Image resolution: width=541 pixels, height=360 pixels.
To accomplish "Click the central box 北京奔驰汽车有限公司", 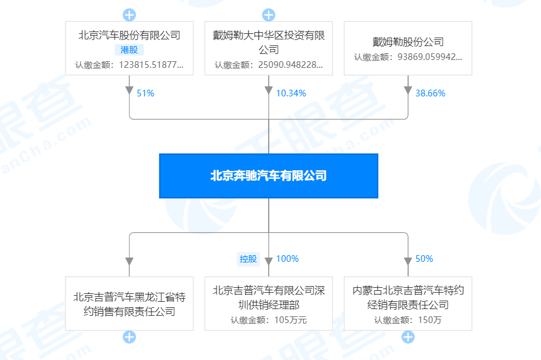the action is click(x=269, y=176).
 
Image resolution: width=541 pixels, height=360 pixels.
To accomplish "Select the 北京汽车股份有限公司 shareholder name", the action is click(x=129, y=35).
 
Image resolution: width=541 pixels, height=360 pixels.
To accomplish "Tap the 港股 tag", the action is click(x=129, y=50).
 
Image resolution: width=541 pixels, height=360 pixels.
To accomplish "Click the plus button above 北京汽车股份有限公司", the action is click(x=129, y=15).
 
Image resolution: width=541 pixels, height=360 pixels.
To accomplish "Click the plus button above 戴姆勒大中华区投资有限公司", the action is click(x=269, y=15).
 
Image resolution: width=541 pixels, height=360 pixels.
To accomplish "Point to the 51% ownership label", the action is click(x=146, y=93).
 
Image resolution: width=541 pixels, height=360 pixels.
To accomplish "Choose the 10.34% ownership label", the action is click(x=291, y=93).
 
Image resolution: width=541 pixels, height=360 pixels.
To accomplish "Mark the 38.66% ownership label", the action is click(x=430, y=93).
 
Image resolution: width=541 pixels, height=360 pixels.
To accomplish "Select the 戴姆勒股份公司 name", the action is click(x=408, y=42).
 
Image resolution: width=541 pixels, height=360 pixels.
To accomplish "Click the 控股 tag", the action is click(x=249, y=259).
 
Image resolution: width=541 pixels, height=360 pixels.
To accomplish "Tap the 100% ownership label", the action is click(x=287, y=259).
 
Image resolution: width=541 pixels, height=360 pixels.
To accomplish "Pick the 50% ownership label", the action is click(x=424, y=259).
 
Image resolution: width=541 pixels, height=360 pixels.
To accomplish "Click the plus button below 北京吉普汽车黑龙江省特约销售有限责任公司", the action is click(x=129, y=337).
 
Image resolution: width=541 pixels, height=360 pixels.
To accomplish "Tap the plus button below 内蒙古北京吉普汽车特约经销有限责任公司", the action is click(x=408, y=337).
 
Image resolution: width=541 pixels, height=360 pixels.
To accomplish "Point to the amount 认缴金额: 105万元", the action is click(x=269, y=320).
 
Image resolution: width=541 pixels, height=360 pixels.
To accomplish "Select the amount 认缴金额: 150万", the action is click(x=408, y=320).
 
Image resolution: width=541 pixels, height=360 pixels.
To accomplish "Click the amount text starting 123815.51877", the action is click(x=151, y=65).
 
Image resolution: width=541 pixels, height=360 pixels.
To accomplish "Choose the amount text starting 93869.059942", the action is click(x=429, y=57).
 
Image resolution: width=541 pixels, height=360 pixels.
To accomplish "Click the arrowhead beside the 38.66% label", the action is click(x=408, y=90).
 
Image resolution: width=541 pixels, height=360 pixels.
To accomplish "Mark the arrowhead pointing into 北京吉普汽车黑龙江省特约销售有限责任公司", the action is click(x=129, y=261).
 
